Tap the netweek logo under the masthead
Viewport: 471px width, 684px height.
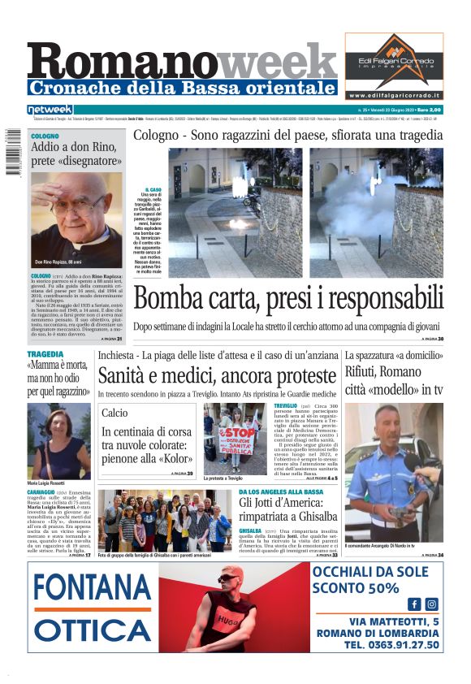[x=50, y=110]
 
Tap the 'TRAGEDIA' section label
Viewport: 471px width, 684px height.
[x=45, y=355]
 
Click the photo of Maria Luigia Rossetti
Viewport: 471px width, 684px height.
[x=59, y=439]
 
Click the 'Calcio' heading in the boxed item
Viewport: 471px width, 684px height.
[x=115, y=413]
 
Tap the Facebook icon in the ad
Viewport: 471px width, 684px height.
[x=414, y=604]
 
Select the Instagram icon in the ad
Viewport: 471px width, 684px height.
[x=431, y=604]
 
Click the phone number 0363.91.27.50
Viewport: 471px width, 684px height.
[x=391, y=645]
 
